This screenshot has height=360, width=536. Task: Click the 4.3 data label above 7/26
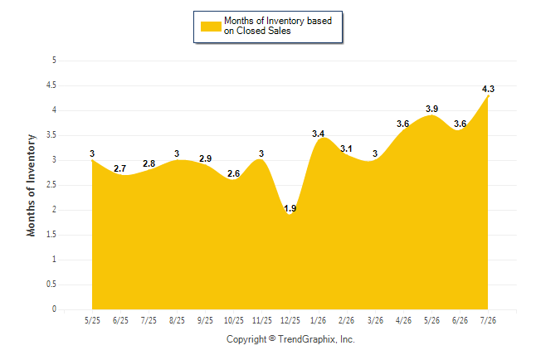(488, 89)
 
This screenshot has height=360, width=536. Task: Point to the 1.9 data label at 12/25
(290, 208)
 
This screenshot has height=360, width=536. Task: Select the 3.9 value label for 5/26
(431, 109)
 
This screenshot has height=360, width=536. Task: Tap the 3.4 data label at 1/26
(319, 134)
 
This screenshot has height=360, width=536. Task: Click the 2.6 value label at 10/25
(233, 173)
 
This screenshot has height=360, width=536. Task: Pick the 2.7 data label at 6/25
(120, 168)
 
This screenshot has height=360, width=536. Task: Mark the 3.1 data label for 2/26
(346, 148)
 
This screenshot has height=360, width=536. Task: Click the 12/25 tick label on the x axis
(290, 320)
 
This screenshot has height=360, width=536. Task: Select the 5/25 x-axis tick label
(92, 320)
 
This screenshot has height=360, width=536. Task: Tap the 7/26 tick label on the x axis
(488, 320)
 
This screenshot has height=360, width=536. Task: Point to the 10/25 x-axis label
(234, 320)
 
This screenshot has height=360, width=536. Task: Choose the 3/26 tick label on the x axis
(375, 320)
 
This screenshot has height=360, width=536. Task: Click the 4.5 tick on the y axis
(51, 85)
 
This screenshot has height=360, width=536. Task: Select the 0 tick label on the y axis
(54, 309)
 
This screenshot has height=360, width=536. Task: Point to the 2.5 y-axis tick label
(51, 185)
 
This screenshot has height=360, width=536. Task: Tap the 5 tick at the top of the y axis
(54, 61)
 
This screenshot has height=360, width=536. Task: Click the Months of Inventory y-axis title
(31, 185)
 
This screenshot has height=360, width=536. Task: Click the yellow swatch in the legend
(211, 27)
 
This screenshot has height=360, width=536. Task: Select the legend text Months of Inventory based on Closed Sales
(278, 26)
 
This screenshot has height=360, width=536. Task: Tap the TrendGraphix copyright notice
(290, 339)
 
